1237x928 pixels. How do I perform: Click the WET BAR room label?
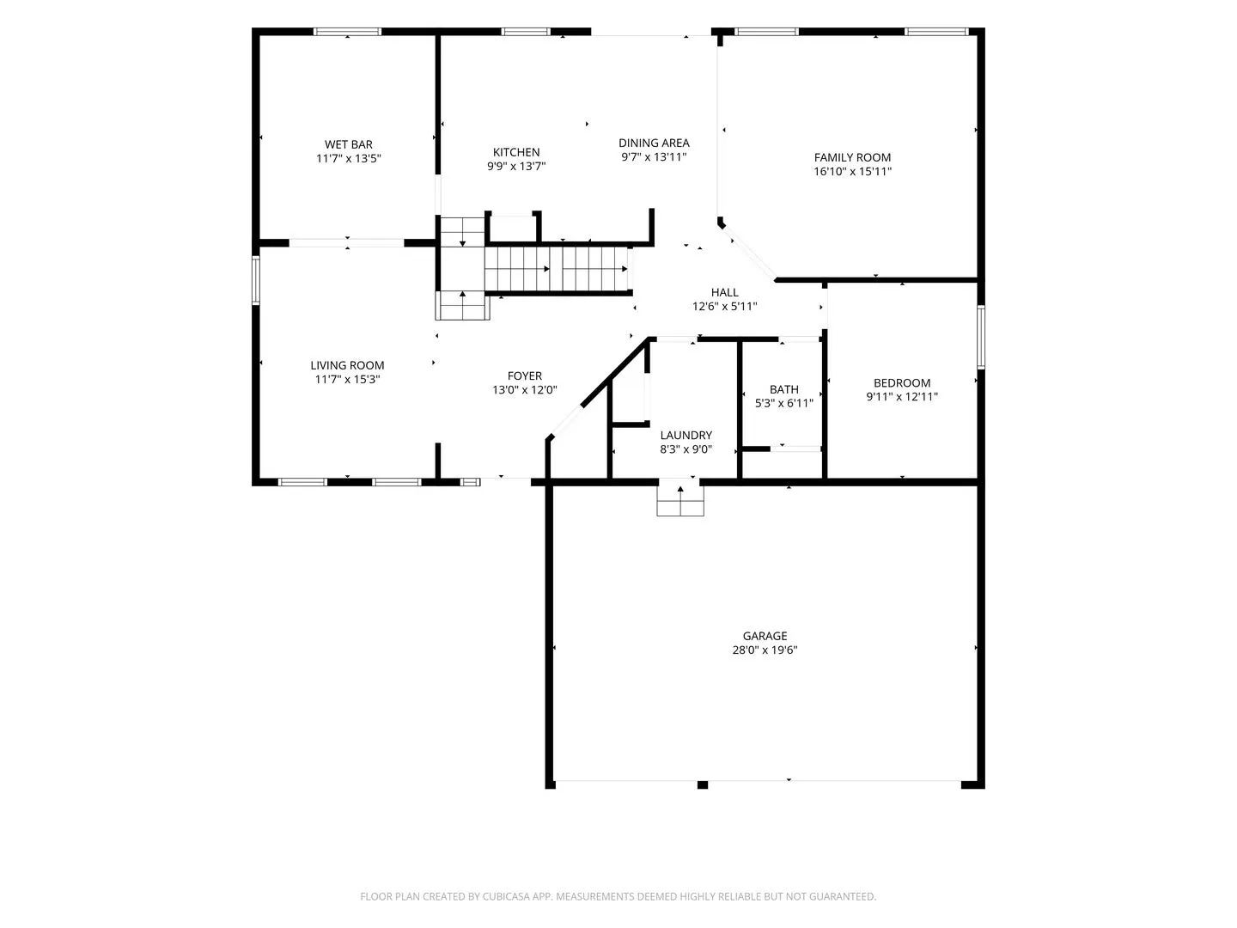[348, 145]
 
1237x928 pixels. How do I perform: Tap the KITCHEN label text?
[516, 152]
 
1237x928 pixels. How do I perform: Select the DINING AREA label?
[654, 143]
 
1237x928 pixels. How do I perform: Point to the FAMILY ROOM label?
[852, 158]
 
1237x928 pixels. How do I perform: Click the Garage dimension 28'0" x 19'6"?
[765, 650]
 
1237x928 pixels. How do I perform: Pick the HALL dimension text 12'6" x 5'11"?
[725, 307]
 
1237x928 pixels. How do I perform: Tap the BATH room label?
[784, 390]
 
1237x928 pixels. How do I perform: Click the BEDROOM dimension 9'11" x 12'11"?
[902, 397]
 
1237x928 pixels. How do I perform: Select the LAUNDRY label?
[686, 436]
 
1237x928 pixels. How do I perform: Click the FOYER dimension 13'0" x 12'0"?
[525, 390]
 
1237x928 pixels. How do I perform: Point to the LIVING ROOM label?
[347, 366]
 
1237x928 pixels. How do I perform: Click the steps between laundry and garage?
[680, 501]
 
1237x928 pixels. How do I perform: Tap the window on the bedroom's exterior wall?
[981, 337]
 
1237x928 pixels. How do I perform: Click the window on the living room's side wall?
[256, 281]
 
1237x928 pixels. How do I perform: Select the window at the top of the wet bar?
[347, 32]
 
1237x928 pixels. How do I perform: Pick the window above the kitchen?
[525, 32]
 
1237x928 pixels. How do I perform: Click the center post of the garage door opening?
[702, 785]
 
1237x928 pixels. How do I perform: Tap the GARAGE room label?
[765, 636]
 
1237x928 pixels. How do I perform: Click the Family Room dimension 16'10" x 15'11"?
[852, 171]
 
